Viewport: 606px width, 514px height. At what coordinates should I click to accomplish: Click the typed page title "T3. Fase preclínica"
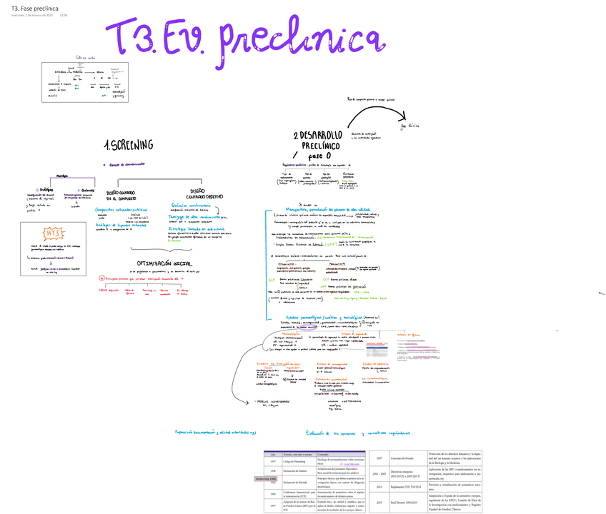coord(34,7)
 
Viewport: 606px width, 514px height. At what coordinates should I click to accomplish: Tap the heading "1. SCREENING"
coord(129,145)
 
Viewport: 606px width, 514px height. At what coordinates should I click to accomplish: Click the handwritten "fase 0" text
coord(320,156)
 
